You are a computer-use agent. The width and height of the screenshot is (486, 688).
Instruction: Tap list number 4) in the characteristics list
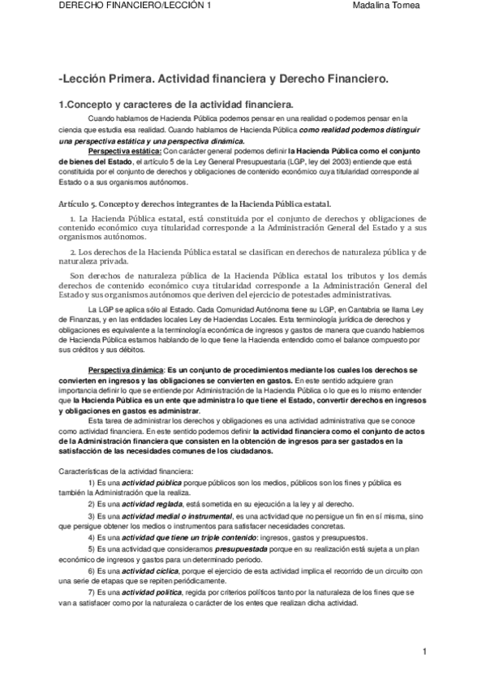(92, 537)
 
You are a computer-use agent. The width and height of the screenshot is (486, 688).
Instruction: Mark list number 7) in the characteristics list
(92, 594)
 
